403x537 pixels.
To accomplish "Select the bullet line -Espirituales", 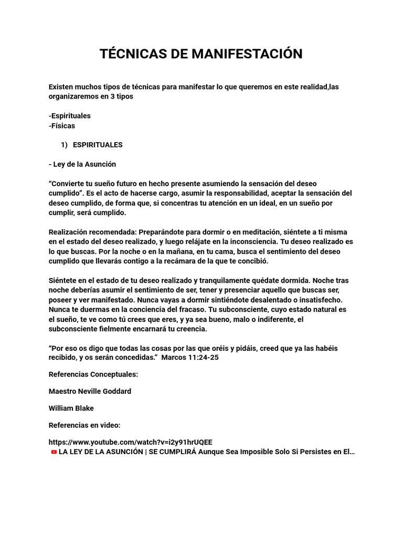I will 69,115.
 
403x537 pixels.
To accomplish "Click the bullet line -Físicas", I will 61,126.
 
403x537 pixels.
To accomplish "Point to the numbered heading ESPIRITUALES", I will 98,145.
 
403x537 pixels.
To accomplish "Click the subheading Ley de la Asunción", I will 84,164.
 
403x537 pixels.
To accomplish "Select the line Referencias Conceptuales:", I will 93,374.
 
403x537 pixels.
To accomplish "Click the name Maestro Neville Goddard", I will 90,391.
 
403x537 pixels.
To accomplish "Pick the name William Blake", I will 71,408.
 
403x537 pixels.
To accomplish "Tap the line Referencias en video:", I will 84,425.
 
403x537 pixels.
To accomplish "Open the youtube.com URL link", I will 130,442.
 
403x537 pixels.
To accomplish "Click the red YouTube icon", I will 54,452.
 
